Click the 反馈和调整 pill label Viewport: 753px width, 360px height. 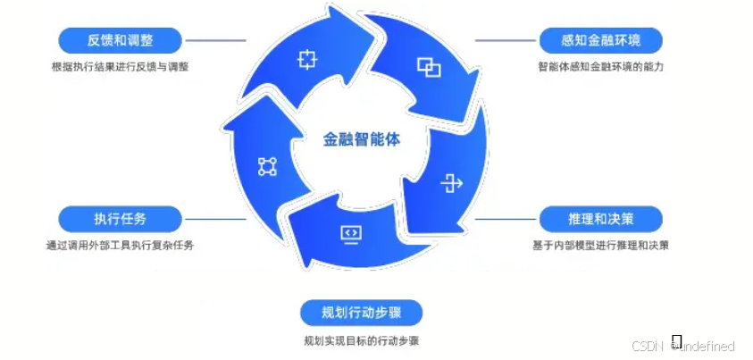tap(121, 40)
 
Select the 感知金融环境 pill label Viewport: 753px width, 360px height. tap(601, 40)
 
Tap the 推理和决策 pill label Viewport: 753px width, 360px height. tap(601, 219)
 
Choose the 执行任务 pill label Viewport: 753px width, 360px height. tap(121, 219)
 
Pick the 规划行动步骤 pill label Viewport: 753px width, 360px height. tap(360, 313)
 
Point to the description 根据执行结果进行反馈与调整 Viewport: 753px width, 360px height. tap(120, 67)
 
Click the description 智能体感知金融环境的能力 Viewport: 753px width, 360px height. tap(601, 67)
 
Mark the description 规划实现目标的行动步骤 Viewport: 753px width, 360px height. tap(360, 340)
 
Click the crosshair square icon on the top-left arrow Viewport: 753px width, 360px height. tap(307, 61)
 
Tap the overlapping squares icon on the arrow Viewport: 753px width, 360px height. tap(429, 66)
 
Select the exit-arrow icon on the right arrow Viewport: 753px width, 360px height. tap(452, 185)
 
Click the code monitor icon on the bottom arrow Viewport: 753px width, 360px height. tap(351, 233)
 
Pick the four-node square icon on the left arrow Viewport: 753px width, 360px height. tap(267, 165)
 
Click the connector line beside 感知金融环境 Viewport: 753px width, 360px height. tap(505, 40)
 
